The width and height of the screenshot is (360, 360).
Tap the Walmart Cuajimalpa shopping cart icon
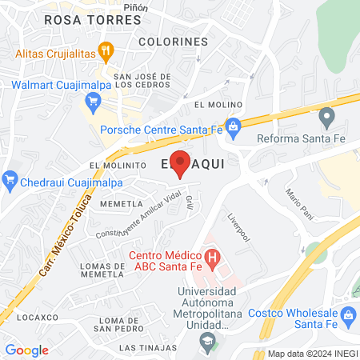[93, 102]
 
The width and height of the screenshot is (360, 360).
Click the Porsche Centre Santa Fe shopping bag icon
[233, 126]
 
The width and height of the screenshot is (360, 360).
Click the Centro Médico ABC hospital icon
[212, 257]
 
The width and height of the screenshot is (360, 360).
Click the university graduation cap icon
[207, 341]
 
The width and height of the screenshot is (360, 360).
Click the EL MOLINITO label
[117, 165]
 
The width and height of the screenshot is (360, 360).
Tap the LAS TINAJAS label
[148, 348]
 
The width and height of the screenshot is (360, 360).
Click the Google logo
[26, 350]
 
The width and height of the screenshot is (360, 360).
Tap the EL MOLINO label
[212, 105]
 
